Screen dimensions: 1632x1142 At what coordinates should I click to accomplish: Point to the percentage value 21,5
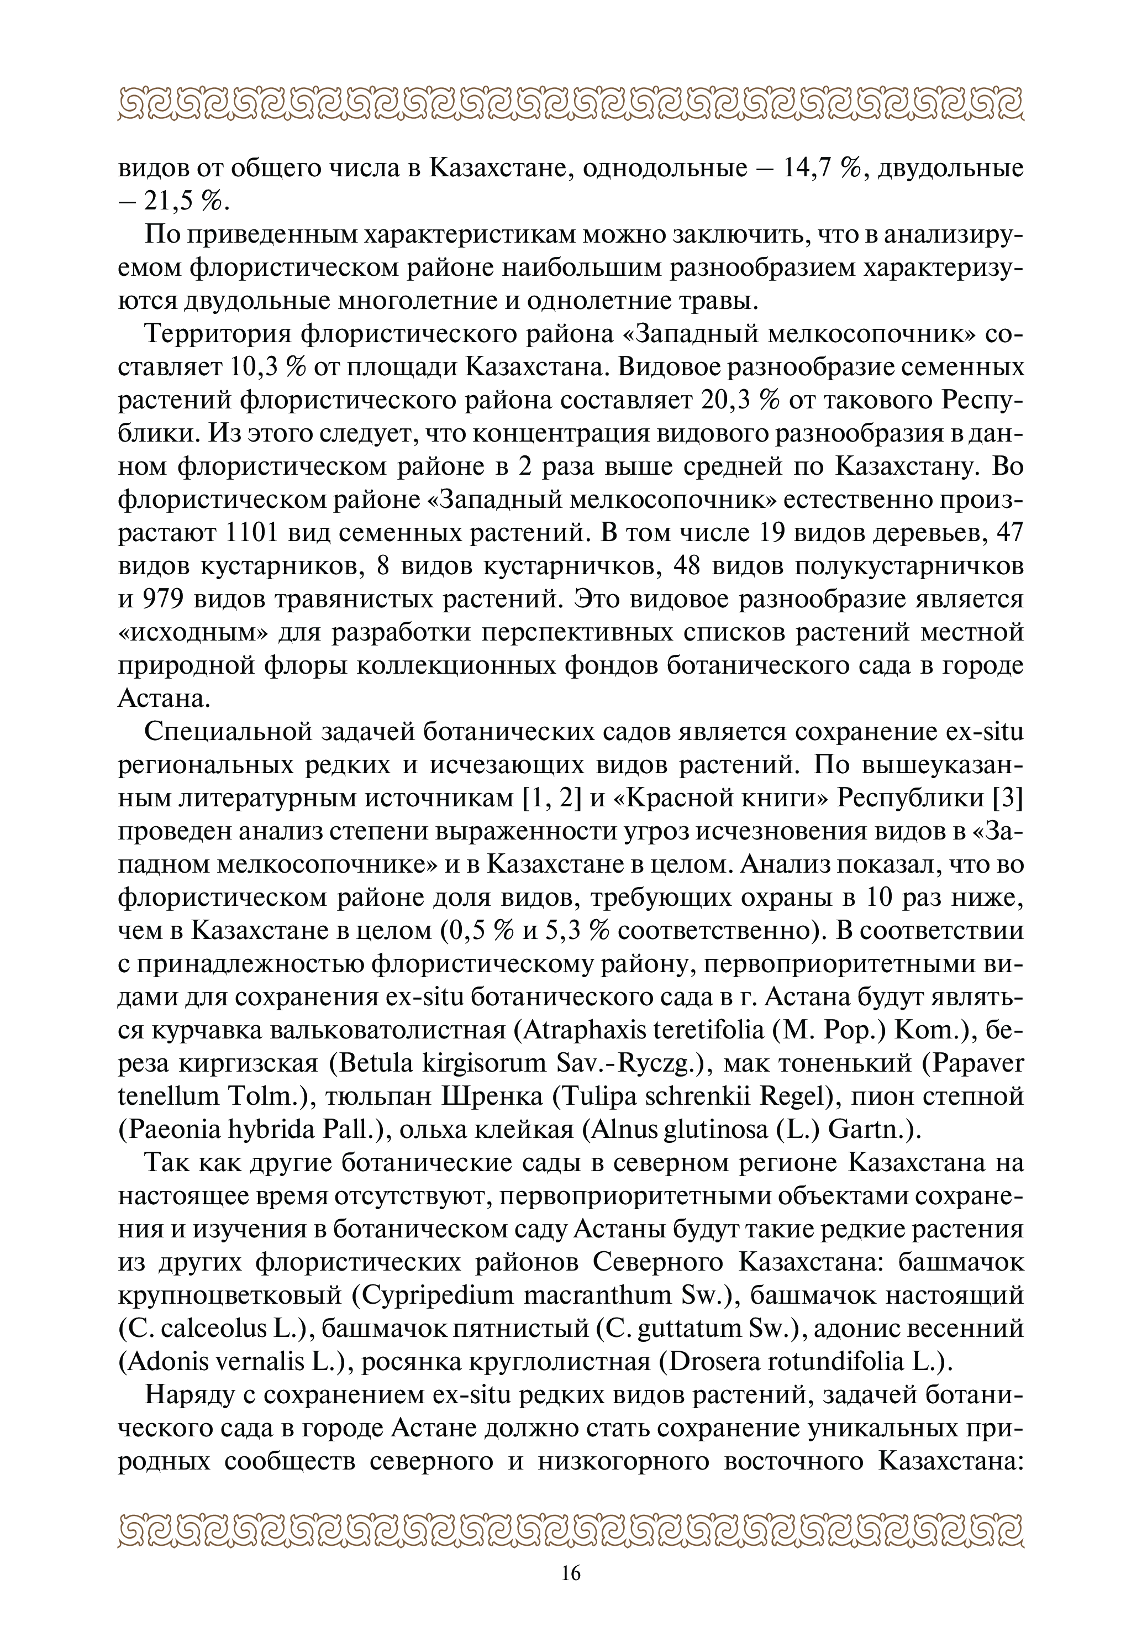coord(169,202)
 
